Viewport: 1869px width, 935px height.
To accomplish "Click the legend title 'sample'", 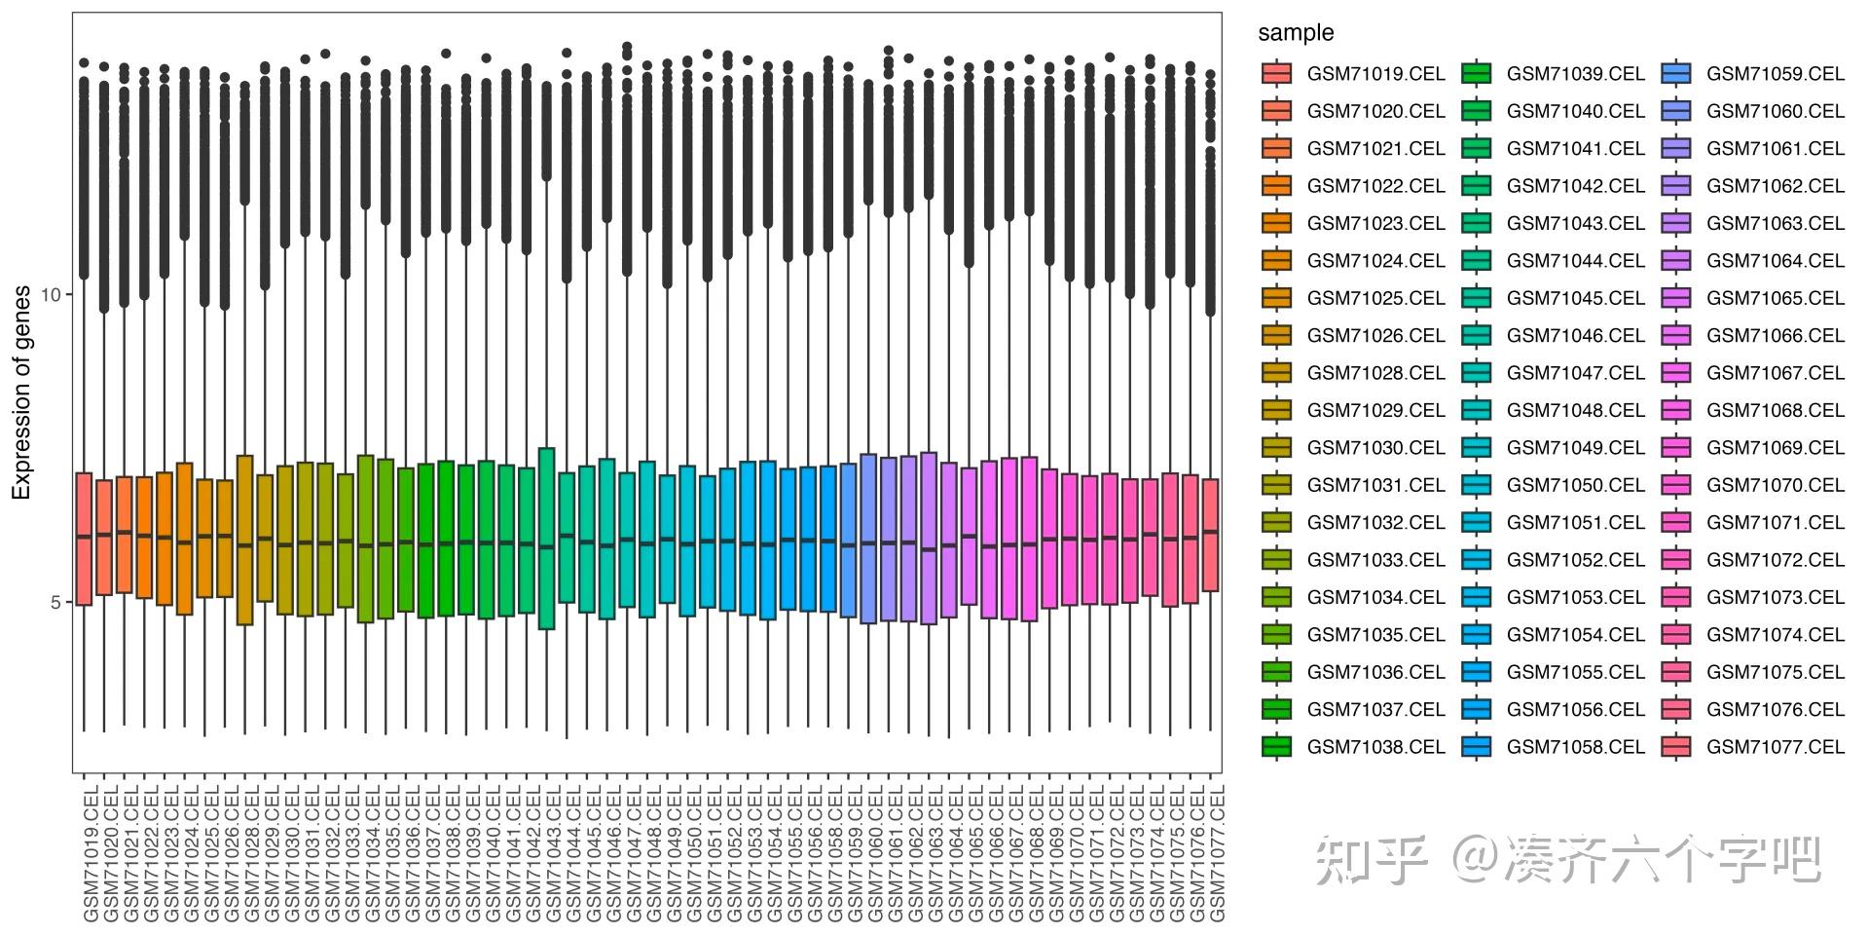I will coord(1296,33).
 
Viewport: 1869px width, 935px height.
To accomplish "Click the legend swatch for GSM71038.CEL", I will coord(1276,747).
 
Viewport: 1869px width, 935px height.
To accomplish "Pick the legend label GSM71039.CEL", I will coord(1575,74).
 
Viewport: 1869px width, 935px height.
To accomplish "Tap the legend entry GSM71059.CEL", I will coord(1775,74).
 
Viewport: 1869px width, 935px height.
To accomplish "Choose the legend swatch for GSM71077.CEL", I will coord(1676,747).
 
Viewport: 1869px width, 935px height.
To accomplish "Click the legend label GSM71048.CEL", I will coord(1575,410).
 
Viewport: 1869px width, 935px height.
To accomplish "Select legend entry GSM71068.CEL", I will coord(1775,410).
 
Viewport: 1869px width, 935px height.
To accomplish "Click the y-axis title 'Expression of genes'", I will coord(21,393).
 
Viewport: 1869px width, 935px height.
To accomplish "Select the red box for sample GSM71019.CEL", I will coord(84,539).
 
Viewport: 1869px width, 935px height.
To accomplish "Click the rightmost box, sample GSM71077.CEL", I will coord(1210,535).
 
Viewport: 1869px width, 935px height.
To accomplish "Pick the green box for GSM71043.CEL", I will coord(547,539).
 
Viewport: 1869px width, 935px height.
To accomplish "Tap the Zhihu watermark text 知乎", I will coord(1371,860).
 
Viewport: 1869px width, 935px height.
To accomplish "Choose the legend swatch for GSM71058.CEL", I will coord(1476,747).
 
